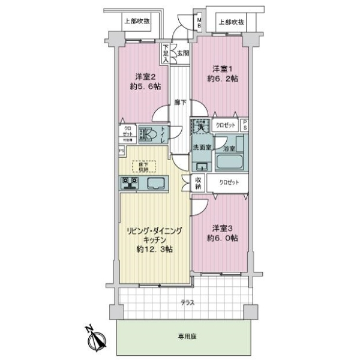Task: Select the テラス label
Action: (188, 303)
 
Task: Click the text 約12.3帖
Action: (154, 249)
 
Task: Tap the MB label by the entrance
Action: (200, 25)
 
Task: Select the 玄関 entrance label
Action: (183, 52)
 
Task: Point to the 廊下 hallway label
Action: (179, 103)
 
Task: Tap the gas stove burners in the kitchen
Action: (128, 183)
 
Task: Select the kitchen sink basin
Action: (159, 184)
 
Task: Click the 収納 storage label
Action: (199, 183)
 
